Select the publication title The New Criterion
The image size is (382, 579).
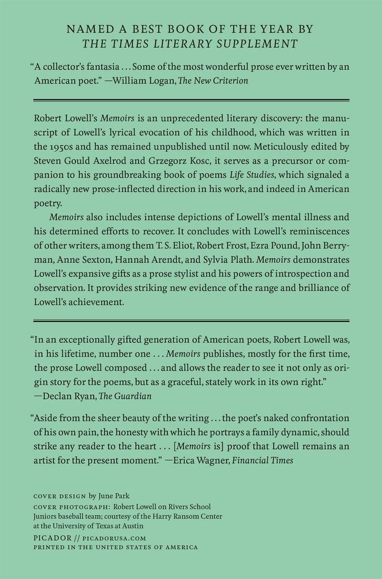pos(213,81)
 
